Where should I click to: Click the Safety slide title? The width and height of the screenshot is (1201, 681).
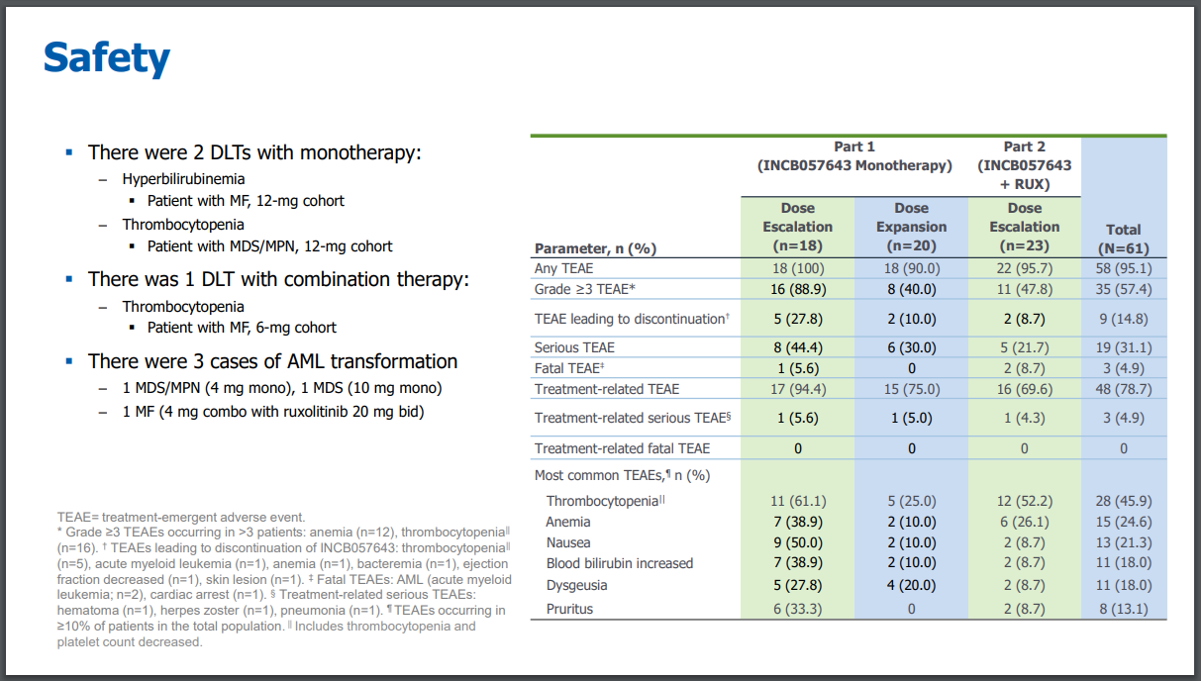pyautogui.click(x=106, y=58)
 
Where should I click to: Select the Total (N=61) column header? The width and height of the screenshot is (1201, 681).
pyautogui.click(x=1123, y=240)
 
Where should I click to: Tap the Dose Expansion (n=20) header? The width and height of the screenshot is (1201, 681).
pyautogui.click(x=911, y=227)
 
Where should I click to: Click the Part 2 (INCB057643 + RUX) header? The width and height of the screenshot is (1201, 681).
pyautogui.click(x=1024, y=165)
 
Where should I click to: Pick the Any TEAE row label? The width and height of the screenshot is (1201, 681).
pyautogui.click(x=563, y=268)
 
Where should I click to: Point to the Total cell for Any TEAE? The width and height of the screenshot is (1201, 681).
pyautogui.click(x=1123, y=268)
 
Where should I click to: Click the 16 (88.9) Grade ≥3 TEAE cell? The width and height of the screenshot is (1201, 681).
pyautogui.click(x=797, y=289)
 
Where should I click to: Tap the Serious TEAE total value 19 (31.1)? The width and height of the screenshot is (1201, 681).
pyautogui.click(x=1123, y=347)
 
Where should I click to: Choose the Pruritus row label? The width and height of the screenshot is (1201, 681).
pyautogui.click(x=569, y=609)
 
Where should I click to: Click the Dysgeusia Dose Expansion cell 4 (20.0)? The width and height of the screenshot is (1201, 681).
pyautogui.click(x=911, y=585)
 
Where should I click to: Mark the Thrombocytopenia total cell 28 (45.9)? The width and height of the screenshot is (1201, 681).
pyautogui.click(x=1123, y=501)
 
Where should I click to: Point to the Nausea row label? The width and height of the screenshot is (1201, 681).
pyautogui.click(x=568, y=542)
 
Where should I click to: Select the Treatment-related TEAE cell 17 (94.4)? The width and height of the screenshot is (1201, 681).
pyautogui.click(x=797, y=389)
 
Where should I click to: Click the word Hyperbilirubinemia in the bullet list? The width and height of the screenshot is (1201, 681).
pyautogui.click(x=183, y=179)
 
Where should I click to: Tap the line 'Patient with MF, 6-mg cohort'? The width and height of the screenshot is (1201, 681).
pyautogui.click(x=242, y=328)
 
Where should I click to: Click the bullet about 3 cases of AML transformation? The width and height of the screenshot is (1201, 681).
pyautogui.click(x=272, y=361)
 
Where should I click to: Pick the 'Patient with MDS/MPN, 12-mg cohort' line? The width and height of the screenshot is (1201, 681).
pyautogui.click(x=269, y=246)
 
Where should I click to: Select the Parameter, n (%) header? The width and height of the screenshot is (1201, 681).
pyautogui.click(x=595, y=248)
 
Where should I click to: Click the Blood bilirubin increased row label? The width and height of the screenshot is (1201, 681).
pyautogui.click(x=619, y=563)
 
